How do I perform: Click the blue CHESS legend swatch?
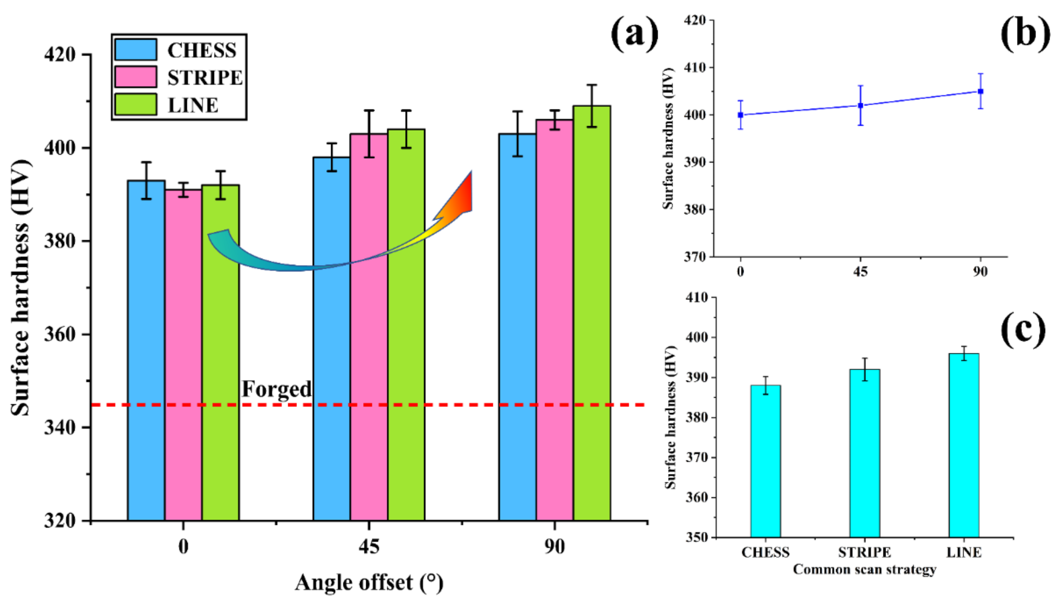[x=136, y=50]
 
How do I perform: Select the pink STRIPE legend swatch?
[x=136, y=77]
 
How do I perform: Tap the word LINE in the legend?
[x=193, y=105]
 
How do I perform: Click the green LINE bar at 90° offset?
[x=592, y=312]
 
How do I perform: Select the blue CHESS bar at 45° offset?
[x=331, y=337]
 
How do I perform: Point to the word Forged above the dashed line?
[x=276, y=389]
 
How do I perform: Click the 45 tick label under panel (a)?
[x=369, y=546]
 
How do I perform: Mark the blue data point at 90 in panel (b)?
[x=980, y=91]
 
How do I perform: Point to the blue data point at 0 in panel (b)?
[x=740, y=115]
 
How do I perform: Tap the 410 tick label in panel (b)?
[x=695, y=67]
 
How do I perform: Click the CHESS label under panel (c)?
[x=765, y=552]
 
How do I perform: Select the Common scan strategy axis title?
[x=864, y=569]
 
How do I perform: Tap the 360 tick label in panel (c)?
[x=696, y=497]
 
